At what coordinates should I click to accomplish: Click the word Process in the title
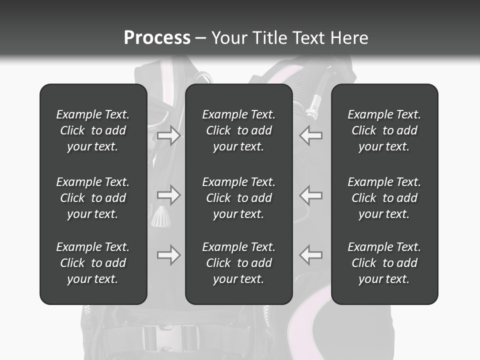(157, 38)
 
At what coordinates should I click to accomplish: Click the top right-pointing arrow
(168, 135)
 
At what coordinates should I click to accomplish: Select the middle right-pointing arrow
(168, 195)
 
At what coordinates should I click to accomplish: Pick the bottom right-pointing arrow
(168, 255)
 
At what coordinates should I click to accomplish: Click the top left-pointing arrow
(311, 135)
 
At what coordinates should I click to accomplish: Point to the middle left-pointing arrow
(311, 195)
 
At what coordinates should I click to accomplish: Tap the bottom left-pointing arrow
(311, 255)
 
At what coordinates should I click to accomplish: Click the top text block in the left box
(93, 130)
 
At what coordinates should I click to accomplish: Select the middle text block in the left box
(93, 198)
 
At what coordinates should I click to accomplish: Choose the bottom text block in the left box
(93, 263)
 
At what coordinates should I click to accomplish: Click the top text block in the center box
(238, 130)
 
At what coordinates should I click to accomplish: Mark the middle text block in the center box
(238, 198)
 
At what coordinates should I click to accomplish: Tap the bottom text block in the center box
(238, 263)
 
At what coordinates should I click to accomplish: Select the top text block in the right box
(384, 130)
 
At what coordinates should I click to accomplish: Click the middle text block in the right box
(384, 198)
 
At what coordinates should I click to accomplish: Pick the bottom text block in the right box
(384, 263)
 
